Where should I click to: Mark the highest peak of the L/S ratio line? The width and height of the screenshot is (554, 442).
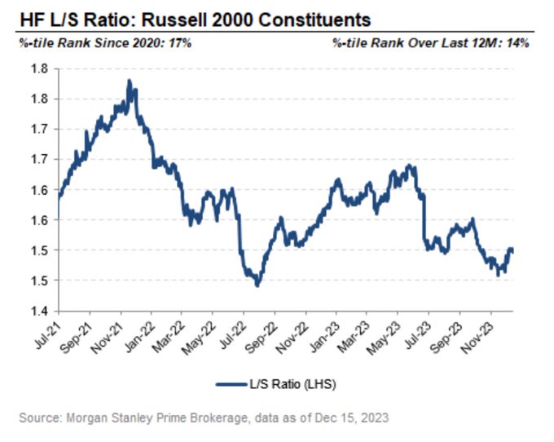(x=129, y=81)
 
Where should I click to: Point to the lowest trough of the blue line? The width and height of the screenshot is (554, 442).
(x=257, y=285)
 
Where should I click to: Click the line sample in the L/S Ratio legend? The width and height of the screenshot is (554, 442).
(x=231, y=384)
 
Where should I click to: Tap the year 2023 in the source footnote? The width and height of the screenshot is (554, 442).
(x=375, y=418)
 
